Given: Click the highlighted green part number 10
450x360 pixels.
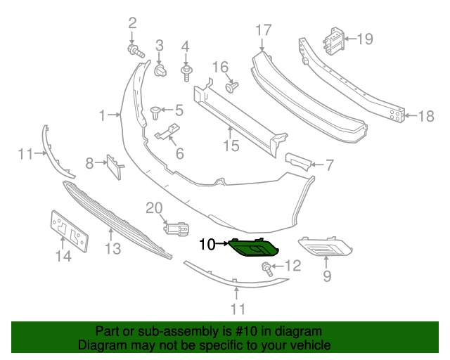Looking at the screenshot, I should point(255,247).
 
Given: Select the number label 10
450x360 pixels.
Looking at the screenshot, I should point(207,245).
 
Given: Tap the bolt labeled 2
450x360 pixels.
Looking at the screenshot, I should point(135,51).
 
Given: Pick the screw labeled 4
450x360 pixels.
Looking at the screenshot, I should point(187,72).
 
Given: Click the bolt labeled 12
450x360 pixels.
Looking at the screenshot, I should point(267,267).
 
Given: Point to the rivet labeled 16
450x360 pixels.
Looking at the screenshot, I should point(231,87).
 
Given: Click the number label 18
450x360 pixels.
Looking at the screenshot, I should point(427,116).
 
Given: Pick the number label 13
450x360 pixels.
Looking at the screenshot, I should point(112,248).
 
